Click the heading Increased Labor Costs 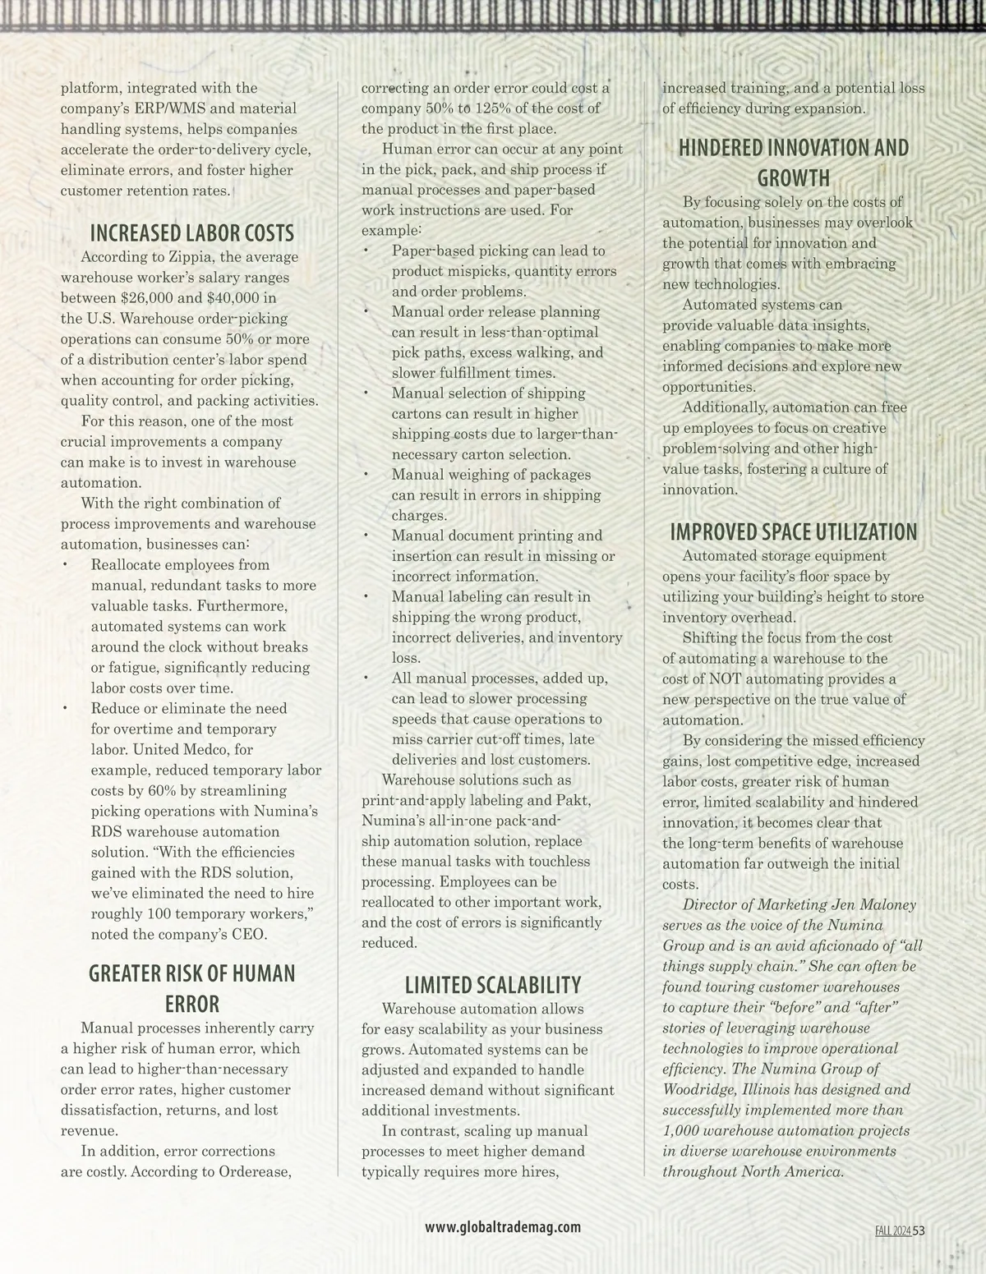(x=191, y=233)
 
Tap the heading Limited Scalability (x=493, y=985)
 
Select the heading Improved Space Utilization (x=793, y=532)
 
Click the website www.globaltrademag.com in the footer (x=503, y=1227)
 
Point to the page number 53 (x=919, y=1230)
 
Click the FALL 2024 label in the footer (x=892, y=1230)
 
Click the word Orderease (x=256, y=1171)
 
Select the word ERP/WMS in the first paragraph (x=178, y=108)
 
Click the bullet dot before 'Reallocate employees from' (x=65, y=565)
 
